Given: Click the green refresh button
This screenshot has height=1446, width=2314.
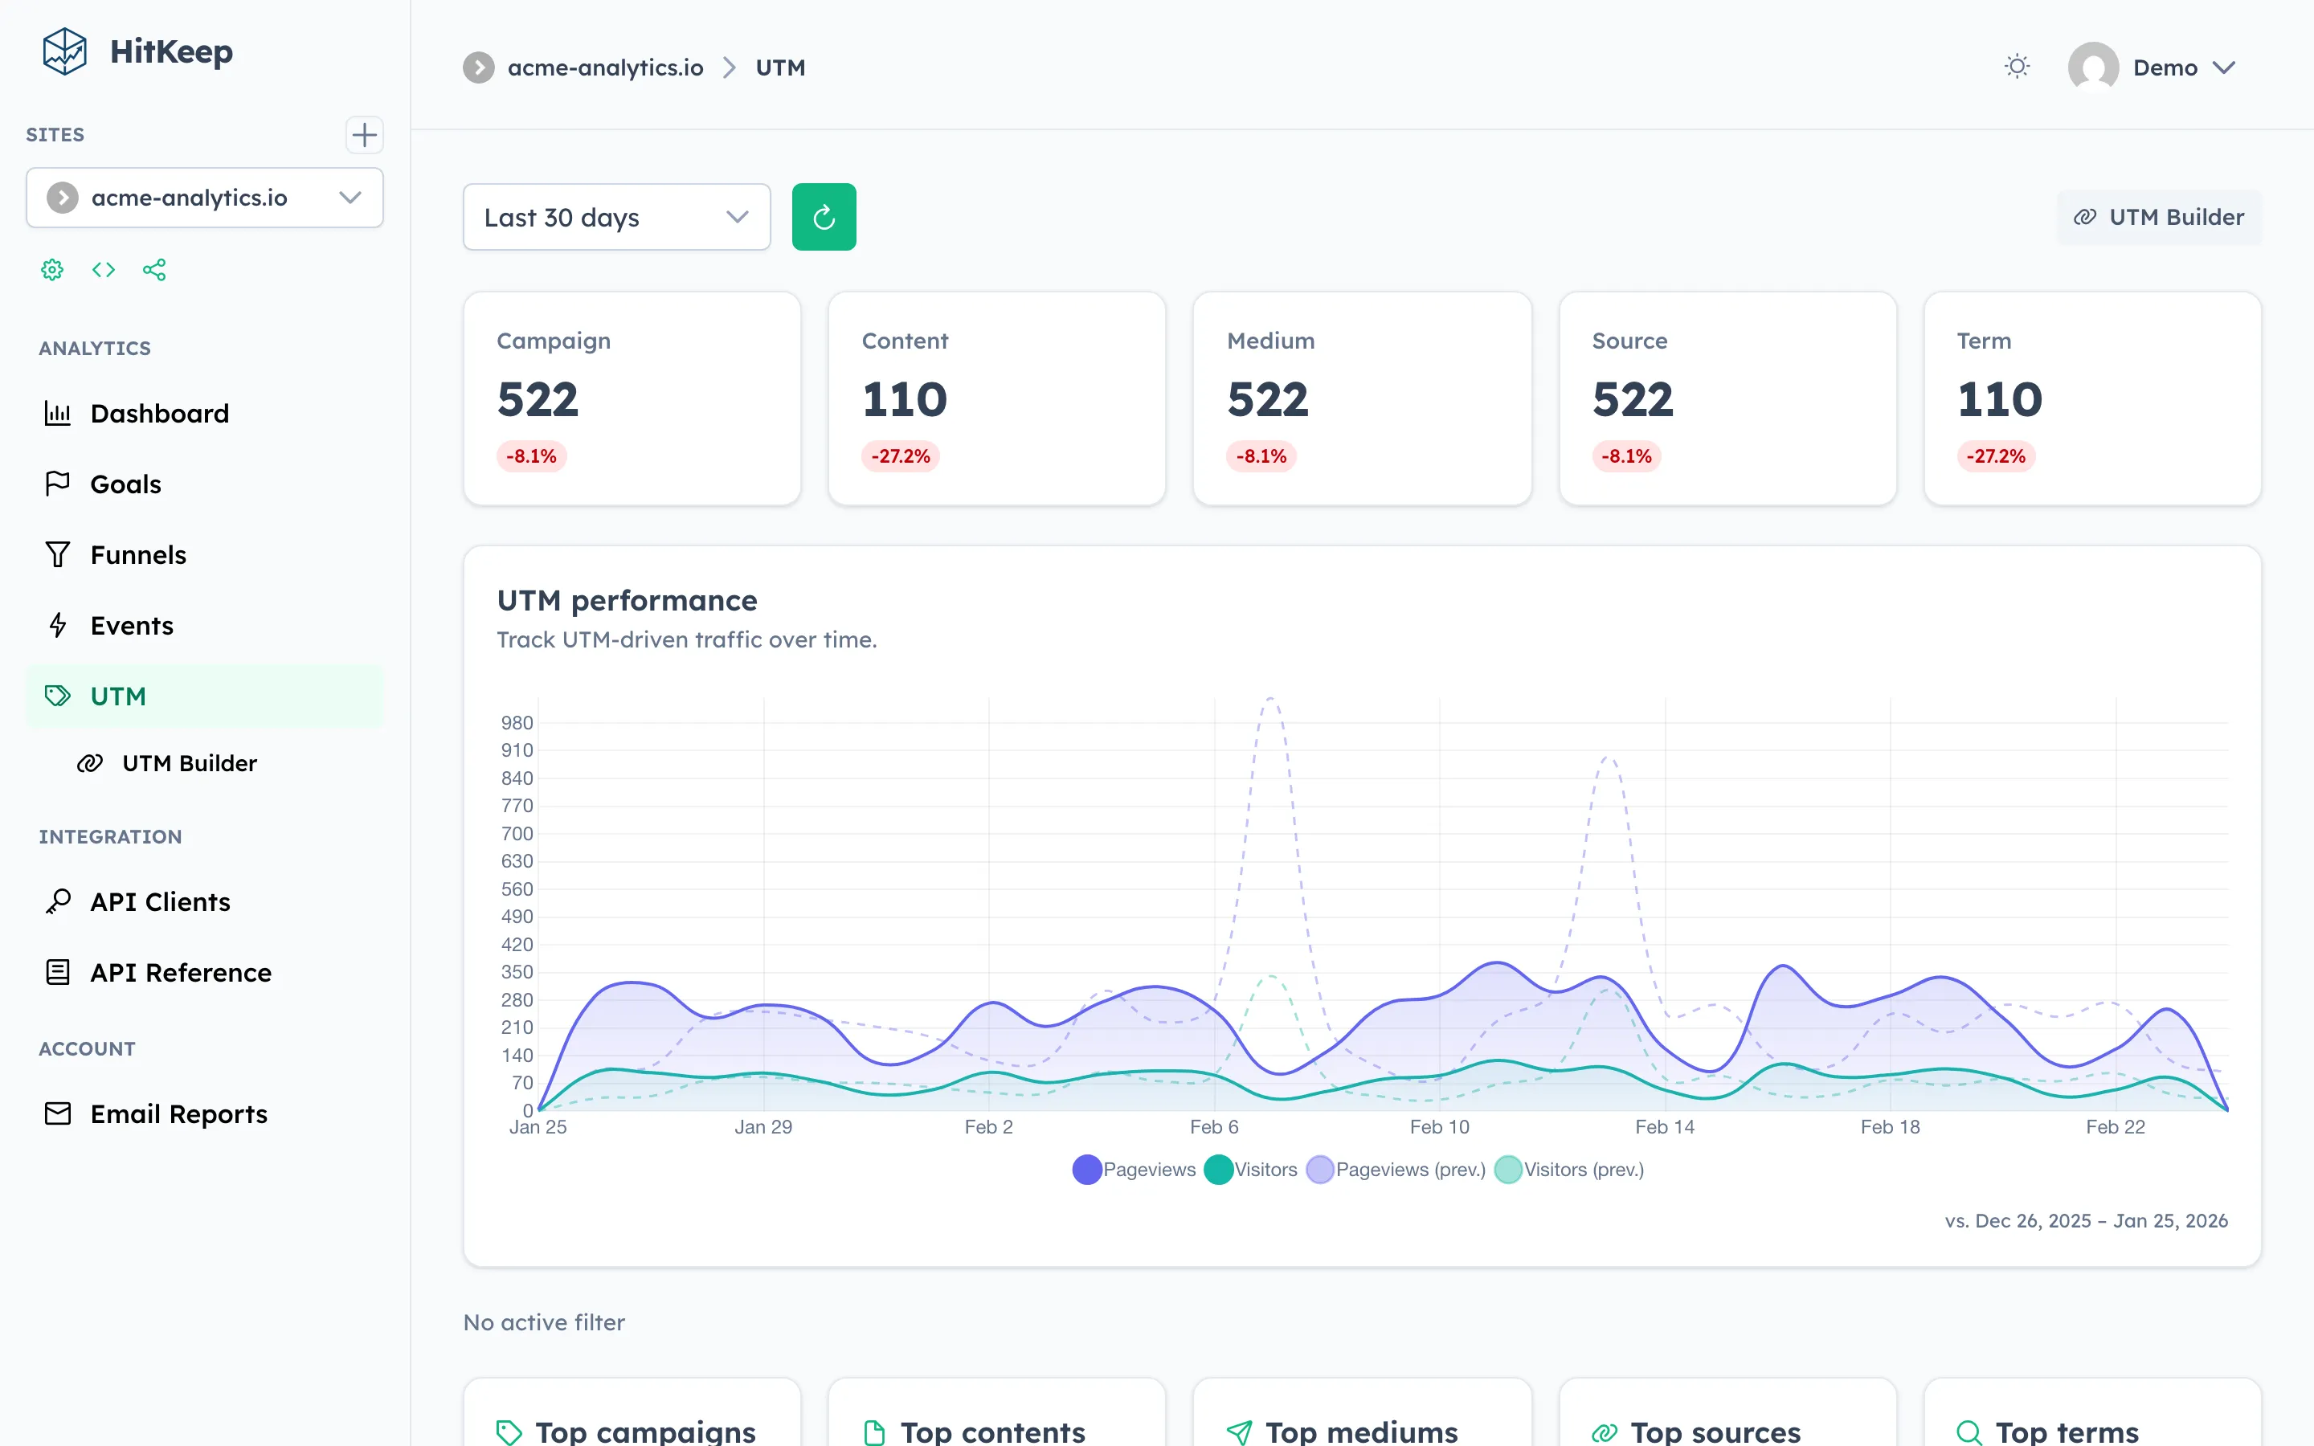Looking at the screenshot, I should (824, 217).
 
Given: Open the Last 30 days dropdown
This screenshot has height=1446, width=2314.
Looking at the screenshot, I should (615, 217).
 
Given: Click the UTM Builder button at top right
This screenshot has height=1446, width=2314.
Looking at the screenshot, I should (2158, 217).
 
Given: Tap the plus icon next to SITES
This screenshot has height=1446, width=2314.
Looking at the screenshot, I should (364, 135).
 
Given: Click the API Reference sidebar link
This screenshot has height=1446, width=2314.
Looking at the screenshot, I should (180, 973).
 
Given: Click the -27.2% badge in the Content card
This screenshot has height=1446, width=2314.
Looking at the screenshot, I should (900, 456).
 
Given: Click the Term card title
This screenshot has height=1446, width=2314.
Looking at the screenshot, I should (1983, 341).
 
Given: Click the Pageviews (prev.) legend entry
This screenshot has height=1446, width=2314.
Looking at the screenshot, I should (1396, 1170).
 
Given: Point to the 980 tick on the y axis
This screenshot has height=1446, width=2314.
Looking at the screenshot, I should (517, 723).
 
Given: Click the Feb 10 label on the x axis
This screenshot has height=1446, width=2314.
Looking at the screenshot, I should (1439, 1126).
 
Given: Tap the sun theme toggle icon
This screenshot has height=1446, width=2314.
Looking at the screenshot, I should (2017, 67).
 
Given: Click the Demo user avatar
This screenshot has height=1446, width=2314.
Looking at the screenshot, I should (2092, 67).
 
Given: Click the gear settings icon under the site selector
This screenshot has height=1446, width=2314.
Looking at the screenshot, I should (52, 270).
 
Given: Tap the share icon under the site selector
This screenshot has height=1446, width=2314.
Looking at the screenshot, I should (154, 270).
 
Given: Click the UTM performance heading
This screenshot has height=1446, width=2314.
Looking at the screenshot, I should (627, 601).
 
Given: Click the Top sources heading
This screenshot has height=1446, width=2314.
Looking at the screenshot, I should (1715, 1432).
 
